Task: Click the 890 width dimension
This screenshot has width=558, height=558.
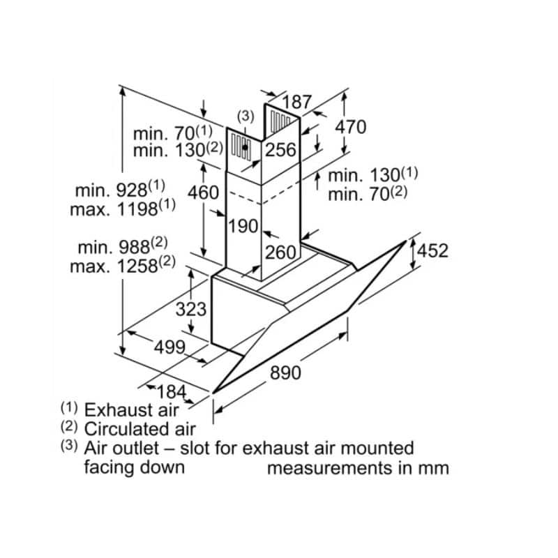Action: tap(286, 373)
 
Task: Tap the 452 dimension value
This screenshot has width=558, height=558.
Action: tap(433, 251)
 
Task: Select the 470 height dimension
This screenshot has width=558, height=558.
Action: tap(350, 127)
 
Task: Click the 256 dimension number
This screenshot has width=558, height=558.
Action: tap(281, 150)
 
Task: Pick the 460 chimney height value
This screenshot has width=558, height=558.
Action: tap(204, 192)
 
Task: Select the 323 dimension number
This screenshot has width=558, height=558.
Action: tap(191, 310)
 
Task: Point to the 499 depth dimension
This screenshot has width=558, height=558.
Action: tap(169, 347)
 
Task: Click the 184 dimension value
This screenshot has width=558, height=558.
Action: tap(170, 391)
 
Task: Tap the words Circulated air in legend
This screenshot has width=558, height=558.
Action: tap(139, 429)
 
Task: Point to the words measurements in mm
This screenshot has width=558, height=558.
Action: tap(358, 467)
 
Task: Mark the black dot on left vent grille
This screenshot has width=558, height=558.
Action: tap(245, 147)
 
